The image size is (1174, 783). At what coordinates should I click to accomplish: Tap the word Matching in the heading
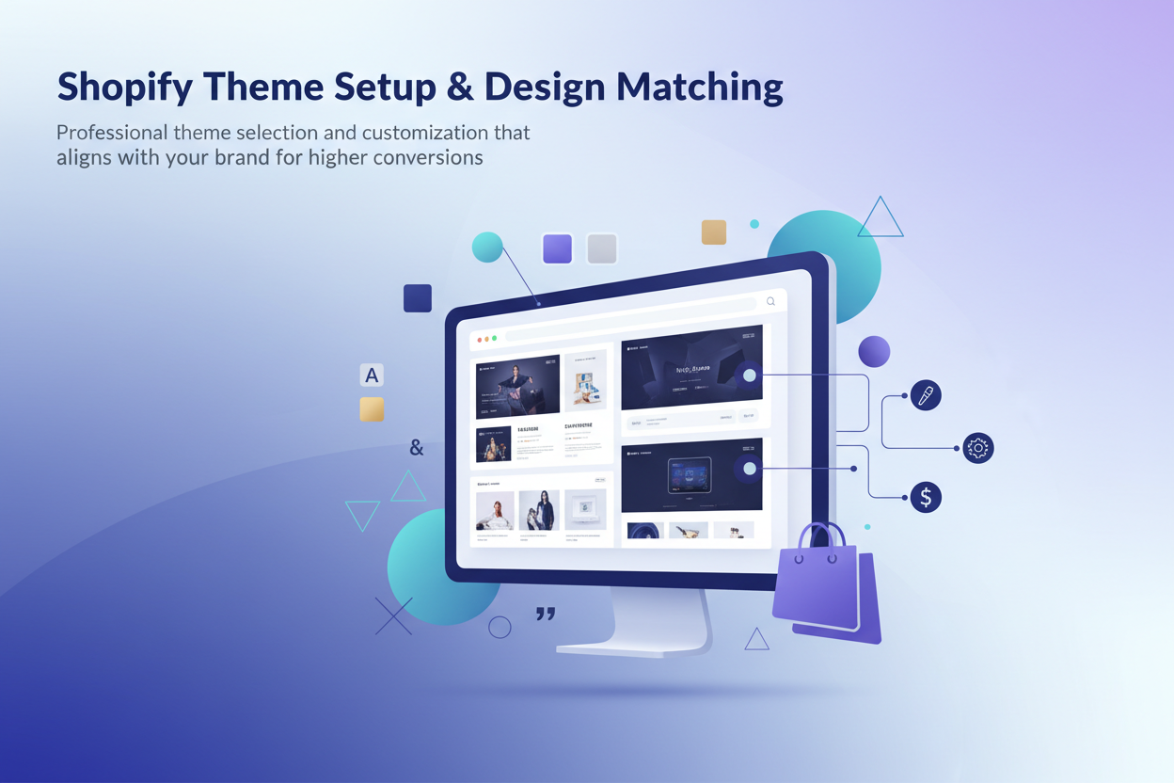699,88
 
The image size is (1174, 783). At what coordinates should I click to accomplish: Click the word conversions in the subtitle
428,157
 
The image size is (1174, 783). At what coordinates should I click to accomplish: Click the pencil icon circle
926,396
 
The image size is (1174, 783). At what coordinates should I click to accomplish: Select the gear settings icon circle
978,448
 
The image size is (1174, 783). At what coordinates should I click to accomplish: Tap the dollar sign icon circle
926,497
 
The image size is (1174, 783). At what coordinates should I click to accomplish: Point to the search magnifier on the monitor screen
770,302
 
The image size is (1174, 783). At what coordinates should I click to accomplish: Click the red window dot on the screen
480,339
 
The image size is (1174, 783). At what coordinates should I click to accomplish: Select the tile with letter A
372,376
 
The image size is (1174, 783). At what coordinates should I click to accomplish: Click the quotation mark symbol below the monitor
546,614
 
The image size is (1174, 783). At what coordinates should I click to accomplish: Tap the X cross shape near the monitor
393,616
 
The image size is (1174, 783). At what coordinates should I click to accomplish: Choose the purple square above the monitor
558,248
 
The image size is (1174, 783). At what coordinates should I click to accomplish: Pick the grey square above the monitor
602,248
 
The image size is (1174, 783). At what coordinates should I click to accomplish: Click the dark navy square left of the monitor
418,298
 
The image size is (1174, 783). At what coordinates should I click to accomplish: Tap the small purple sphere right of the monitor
874,351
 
